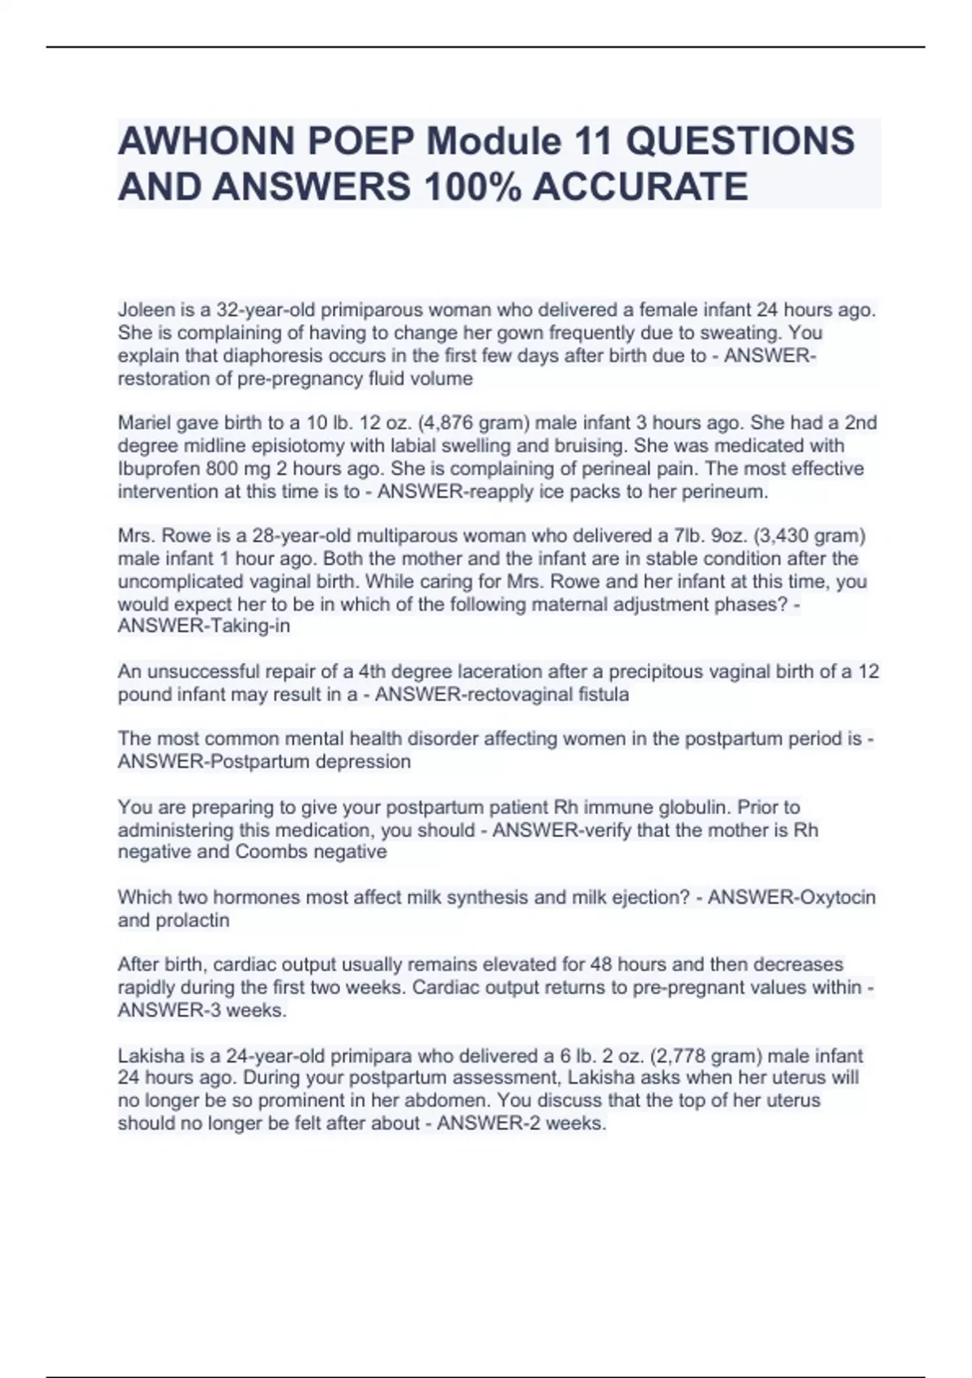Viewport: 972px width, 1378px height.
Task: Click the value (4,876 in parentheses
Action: click(x=447, y=422)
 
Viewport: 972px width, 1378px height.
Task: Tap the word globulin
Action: click(x=693, y=807)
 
